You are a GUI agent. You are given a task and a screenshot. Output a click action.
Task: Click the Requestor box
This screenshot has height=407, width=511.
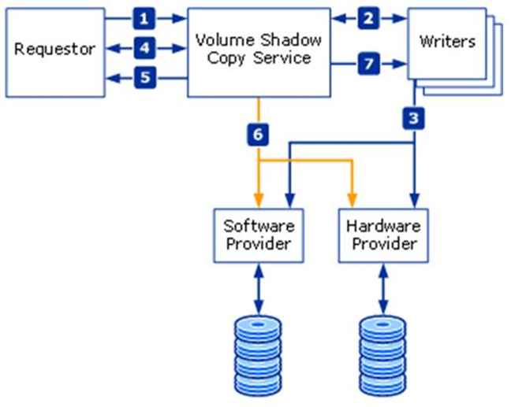point(54,49)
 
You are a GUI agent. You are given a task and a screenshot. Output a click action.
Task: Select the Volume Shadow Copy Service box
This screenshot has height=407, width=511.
point(259,52)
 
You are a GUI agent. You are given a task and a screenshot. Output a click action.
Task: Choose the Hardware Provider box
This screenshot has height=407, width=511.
point(383,235)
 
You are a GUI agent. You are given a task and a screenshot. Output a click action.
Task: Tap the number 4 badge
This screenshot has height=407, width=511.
point(143,49)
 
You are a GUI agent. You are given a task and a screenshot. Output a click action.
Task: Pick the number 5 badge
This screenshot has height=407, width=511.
point(143,78)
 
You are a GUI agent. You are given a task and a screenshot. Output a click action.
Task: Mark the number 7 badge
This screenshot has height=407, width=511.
point(368,61)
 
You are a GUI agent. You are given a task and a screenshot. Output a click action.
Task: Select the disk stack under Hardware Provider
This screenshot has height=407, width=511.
point(383,349)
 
